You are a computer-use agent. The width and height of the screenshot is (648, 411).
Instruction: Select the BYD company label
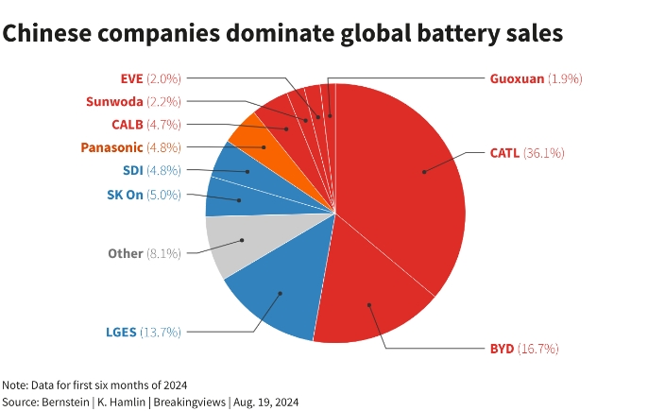click(x=502, y=349)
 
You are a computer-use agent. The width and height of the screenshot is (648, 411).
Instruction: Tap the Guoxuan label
click(x=517, y=78)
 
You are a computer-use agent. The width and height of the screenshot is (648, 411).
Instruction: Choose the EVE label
click(x=131, y=78)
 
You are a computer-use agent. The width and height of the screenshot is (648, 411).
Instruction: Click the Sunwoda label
click(x=114, y=101)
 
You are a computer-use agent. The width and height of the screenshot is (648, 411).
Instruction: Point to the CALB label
click(x=127, y=124)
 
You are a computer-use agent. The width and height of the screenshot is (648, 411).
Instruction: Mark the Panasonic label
click(x=111, y=147)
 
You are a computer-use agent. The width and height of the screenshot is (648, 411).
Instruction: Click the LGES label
click(x=121, y=333)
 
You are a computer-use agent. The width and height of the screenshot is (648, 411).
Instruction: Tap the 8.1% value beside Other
click(x=163, y=254)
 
